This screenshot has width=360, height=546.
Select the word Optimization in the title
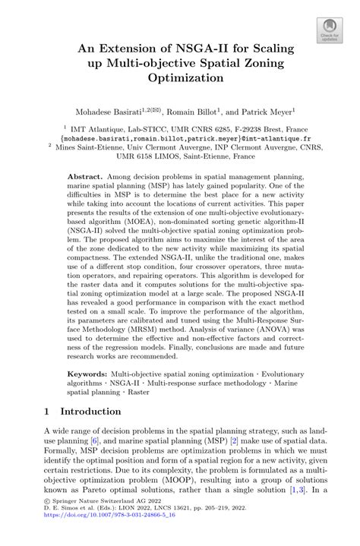point(180,77)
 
